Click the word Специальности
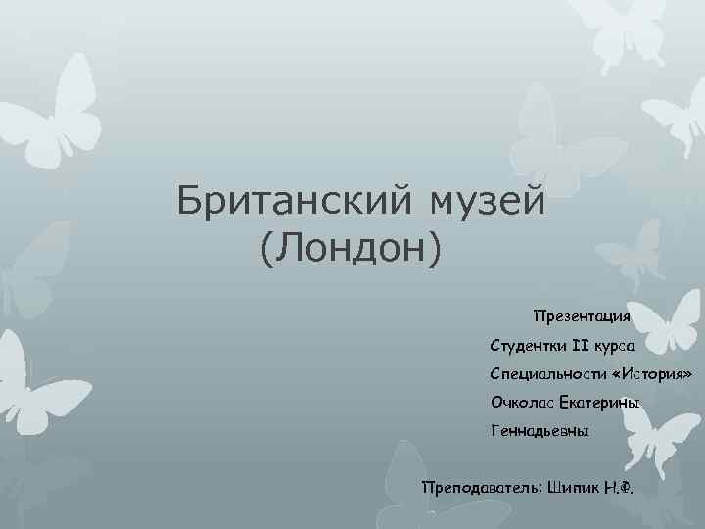(x=542, y=374)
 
